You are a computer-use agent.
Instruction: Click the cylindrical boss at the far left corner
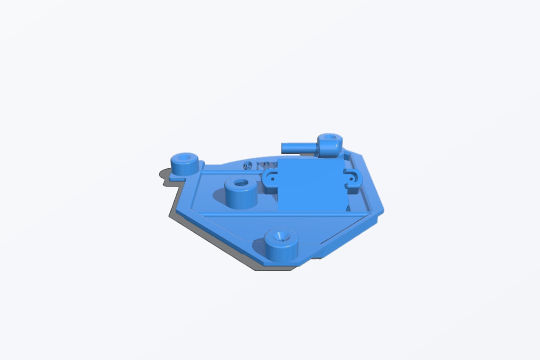click(184, 164)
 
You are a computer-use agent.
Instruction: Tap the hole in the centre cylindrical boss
click(241, 184)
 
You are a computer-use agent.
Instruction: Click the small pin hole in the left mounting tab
click(273, 178)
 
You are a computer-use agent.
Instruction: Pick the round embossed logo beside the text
click(248, 165)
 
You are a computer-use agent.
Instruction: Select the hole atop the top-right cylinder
click(330, 137)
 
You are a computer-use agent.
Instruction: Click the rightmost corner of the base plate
click(382, 210)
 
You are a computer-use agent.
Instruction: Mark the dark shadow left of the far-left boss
click(164, 174)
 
